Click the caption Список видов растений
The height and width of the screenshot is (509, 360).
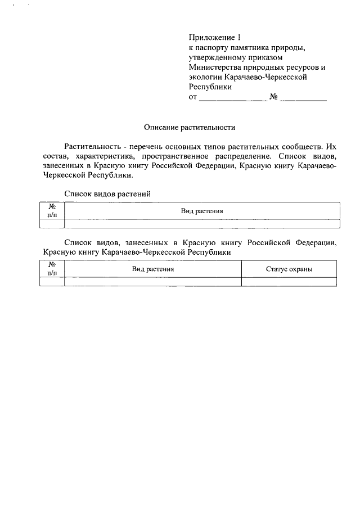[108, 193]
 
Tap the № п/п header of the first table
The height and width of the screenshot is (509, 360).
[52, 210]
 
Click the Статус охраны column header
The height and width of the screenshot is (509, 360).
[289, 269]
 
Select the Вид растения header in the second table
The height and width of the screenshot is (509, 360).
[153, 269]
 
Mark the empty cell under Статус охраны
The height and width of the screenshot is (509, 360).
[289, 282]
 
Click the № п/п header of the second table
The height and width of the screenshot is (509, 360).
[52, 269]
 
